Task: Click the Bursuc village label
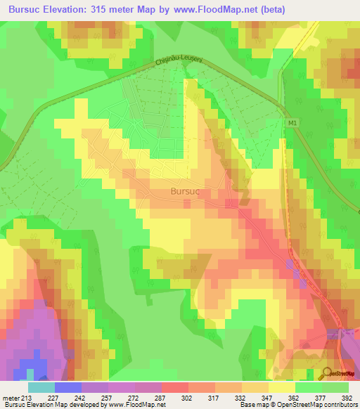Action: pos(188,190)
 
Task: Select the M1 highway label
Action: pos(292,122)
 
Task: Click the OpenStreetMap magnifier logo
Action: pos(328,373)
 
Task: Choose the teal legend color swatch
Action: pos(41,387)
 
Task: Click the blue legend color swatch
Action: pos(67,387)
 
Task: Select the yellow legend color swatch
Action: pos(281,387)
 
